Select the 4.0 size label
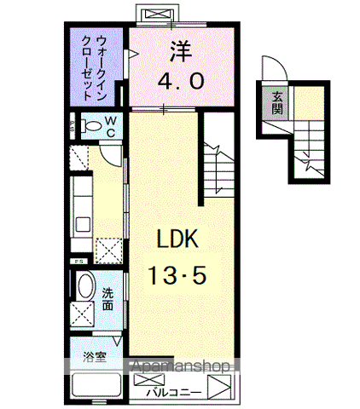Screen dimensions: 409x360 [180, 83]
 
